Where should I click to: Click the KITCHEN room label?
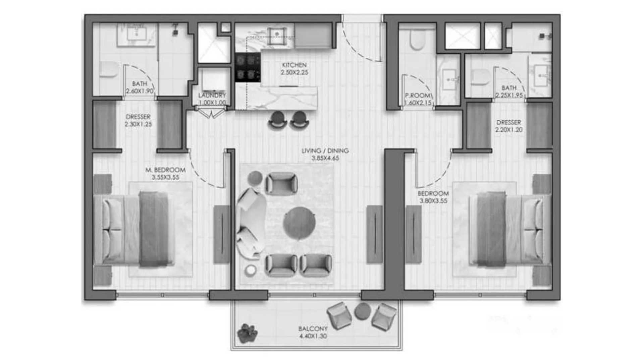click(294, 65)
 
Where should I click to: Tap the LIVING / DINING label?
click(325, 151)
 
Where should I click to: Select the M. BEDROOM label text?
click(165, 170)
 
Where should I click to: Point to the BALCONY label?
click(313, 329)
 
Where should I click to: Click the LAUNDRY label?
click(212, 96)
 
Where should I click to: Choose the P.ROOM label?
click(418, 96)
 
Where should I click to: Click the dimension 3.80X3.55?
click(433, 201)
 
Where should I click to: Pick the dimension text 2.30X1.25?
click(138, 124)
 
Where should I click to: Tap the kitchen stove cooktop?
click(248, 67)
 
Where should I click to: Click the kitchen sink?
click(277, 34)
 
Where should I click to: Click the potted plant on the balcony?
click(247, 333)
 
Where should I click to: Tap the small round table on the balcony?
click(363, 311)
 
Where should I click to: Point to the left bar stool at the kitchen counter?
click(278, 120)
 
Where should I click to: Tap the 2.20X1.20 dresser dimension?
click(509, 130)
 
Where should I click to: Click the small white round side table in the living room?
click(251, 270)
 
